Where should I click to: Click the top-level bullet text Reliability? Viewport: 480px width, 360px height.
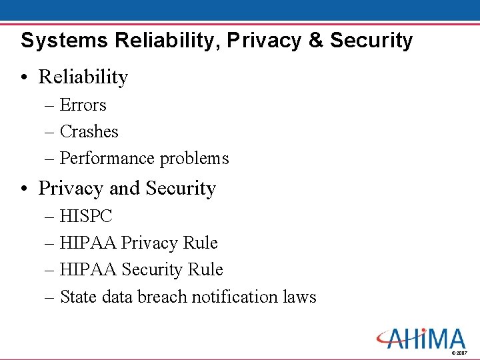[x=83, y=77]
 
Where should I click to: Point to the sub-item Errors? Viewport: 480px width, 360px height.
[x=83, y=105]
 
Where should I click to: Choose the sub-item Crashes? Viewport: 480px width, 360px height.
[x=89, y=132]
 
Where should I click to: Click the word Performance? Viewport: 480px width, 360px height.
[x=98, y=159]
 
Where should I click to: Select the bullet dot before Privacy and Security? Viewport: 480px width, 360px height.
[x=25, y=189]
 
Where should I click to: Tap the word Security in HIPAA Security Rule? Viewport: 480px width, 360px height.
[x=153, y=270]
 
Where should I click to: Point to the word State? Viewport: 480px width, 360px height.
[x=79, y=297]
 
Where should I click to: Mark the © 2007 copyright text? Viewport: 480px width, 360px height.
[x=460, y=352]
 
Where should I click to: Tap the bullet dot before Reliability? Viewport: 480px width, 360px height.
[x=25, y=77]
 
